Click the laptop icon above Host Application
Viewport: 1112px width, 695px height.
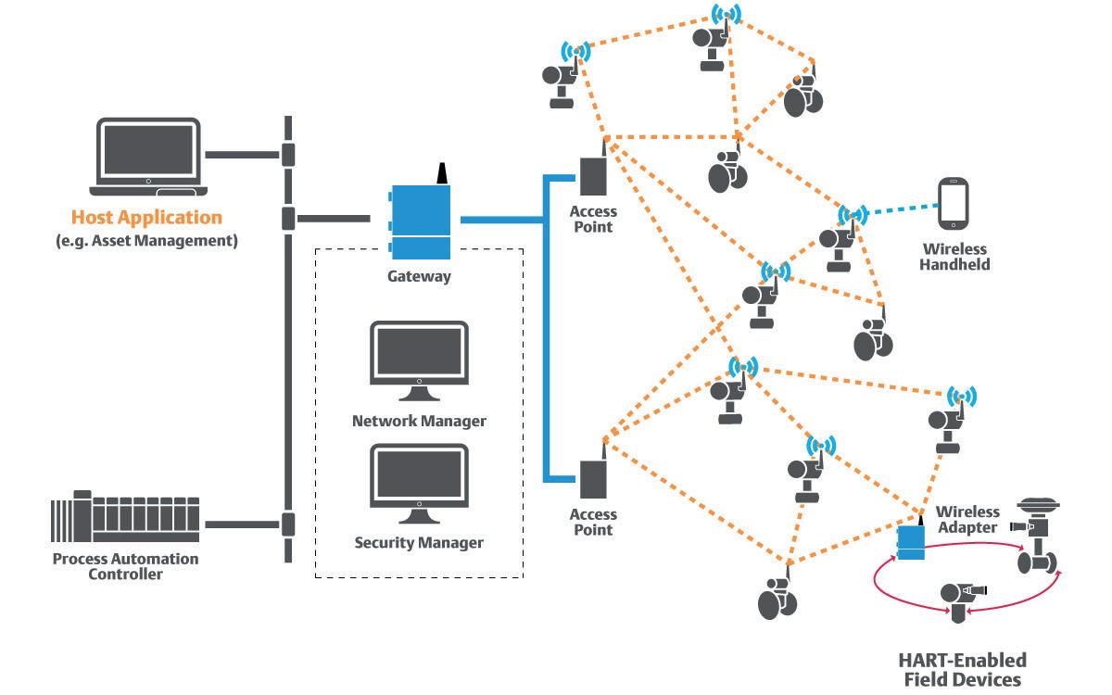pyautogui.click(x=149, y=157)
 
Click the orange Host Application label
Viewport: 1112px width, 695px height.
pyautogui.click(x=146, y=219)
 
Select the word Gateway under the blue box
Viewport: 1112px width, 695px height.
pyautogui.click(x=419, y=276)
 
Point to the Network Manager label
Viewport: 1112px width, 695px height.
pyautogui.click(x=419, y=421)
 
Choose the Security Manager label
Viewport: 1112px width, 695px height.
pyautogui.click(x=419, y=542)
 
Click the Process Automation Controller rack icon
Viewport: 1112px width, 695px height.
pyautogui.click(x=125, y=524)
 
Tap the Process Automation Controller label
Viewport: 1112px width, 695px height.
pyautogui.click(x=125, y=566)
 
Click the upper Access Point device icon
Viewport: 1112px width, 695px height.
pyautogui.click(x=592, y=176)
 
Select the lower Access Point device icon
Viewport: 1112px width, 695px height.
pyautogui.click(x=592, y=479)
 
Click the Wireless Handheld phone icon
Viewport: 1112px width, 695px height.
pyautogui.click(x=954, y=205)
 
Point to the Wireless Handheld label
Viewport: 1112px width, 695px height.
pyautogui.click(x=954, y=257)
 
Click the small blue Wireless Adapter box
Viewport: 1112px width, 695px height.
pyautogui.click(x=912, y=543)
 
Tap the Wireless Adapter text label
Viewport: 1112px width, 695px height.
pyautogui.click(x=968, y=519)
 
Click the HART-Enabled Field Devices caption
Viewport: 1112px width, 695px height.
pyautogui.click(x=962, y=669)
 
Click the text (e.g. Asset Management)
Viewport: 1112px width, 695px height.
pyautogui.click(x=146, y=241)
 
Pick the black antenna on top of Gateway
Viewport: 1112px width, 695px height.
pyautogui.click(x=441, y=174)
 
